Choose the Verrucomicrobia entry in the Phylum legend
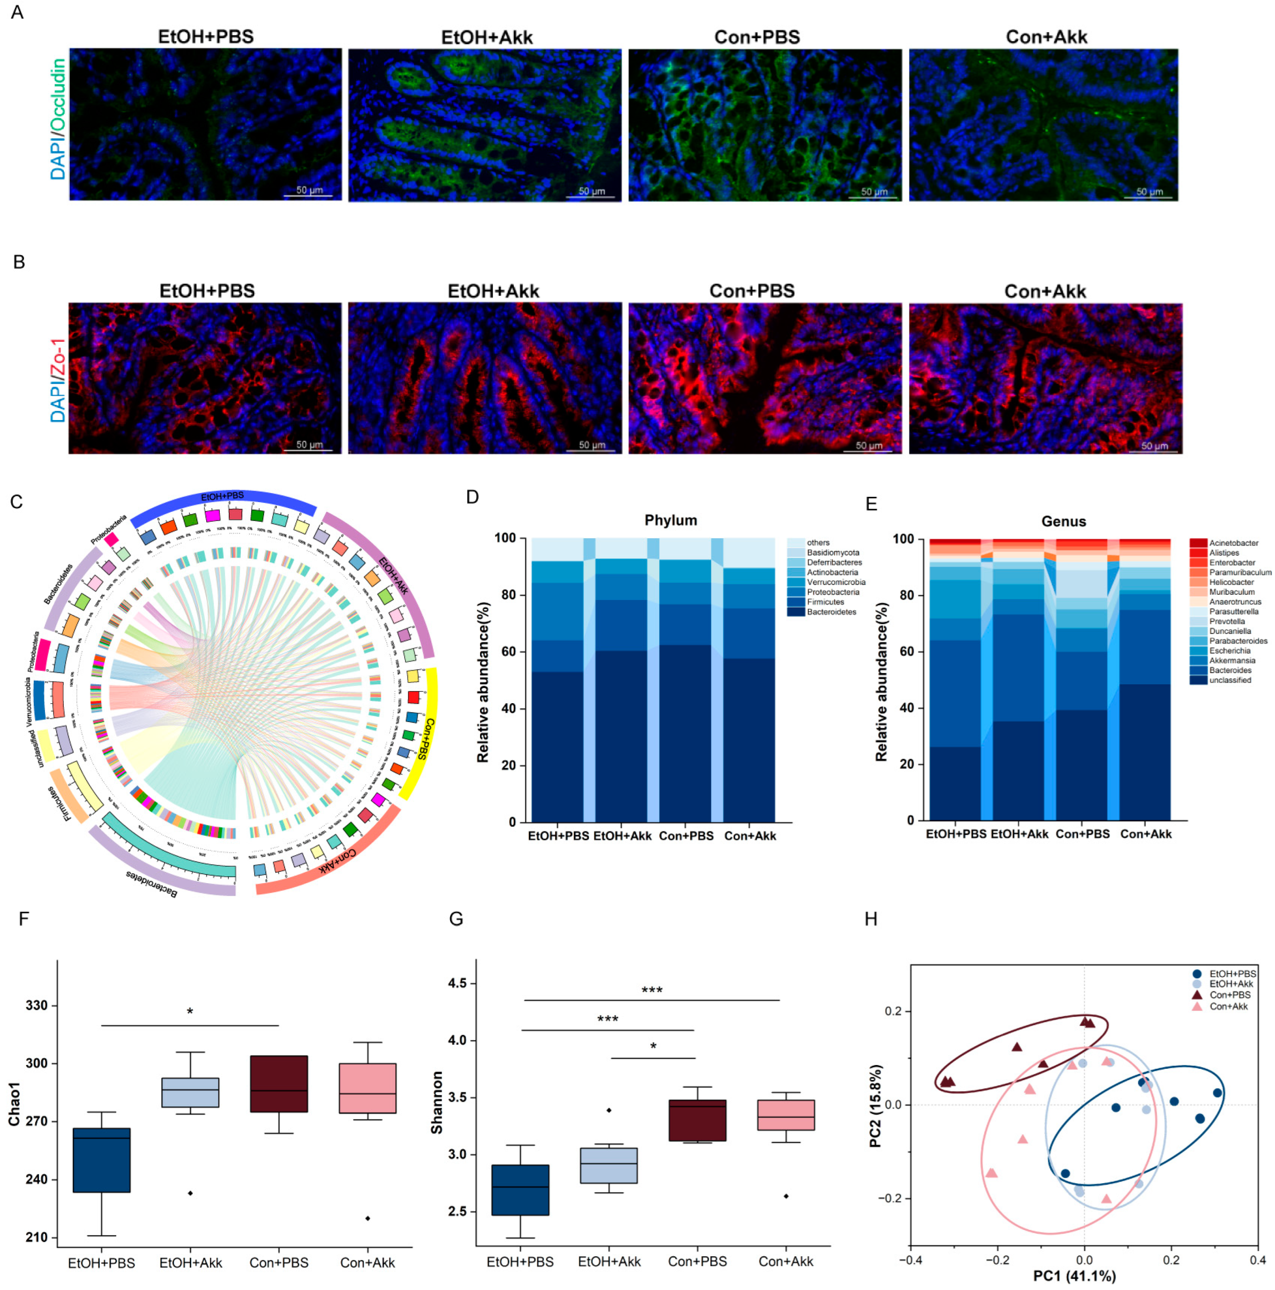tap(836, 582)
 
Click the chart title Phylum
tap(670, 520)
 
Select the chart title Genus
tap(1064, 521)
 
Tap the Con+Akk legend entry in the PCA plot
tap(1228, 1006)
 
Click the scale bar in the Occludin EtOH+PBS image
tap(308, 195)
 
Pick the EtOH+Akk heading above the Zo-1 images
tap(493, 292)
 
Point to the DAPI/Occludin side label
tap(59, 119)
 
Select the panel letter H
tap(871, 919)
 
